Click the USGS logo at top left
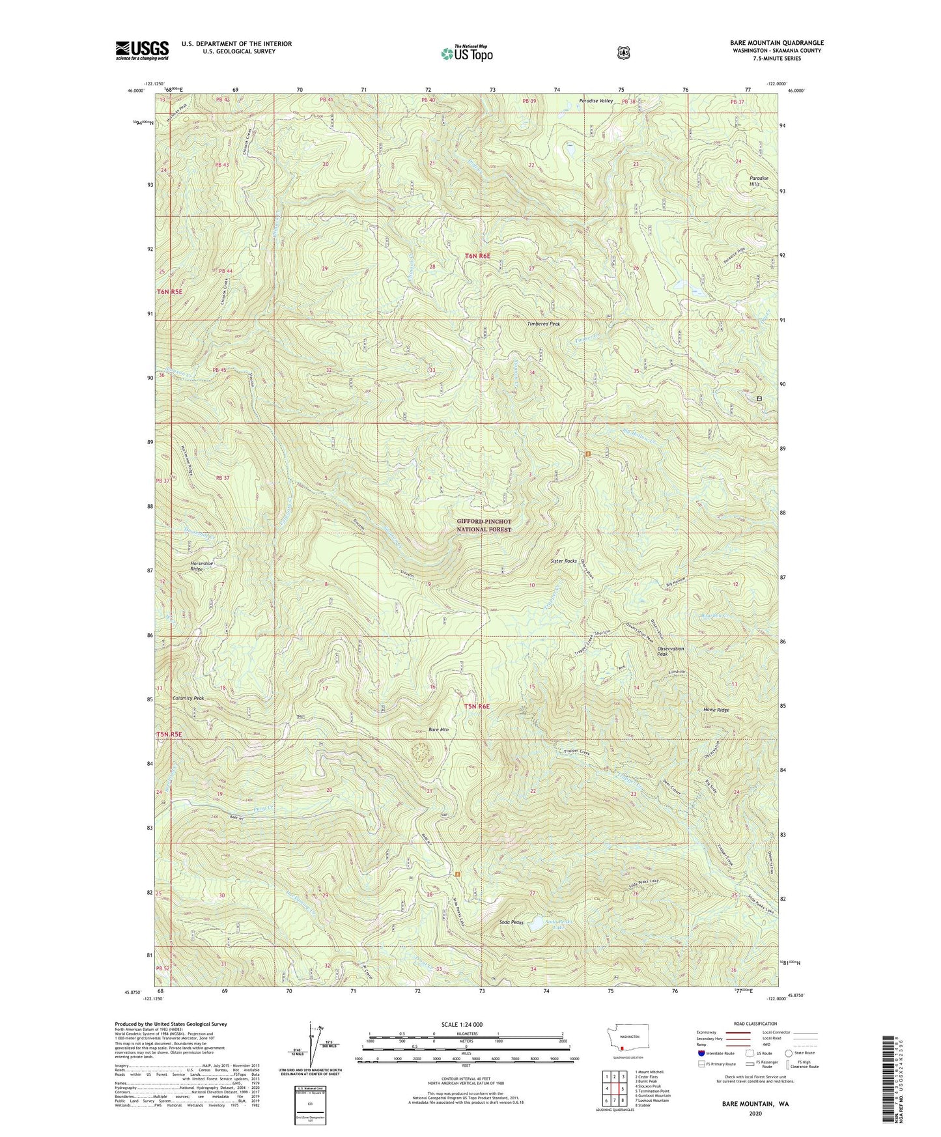click(142, 50)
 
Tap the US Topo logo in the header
click(466, 53)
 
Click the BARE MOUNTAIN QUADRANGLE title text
click(776, 43)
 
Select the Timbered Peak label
click(543, 324)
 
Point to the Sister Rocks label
click(563, 561)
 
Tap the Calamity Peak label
click(188, 698)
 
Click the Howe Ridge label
click(716, 710)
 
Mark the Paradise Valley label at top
click(596, 101)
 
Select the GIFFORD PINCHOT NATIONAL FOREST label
click(484, 526)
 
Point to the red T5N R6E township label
click(477, 706)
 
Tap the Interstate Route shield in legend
click(701, 1053)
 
